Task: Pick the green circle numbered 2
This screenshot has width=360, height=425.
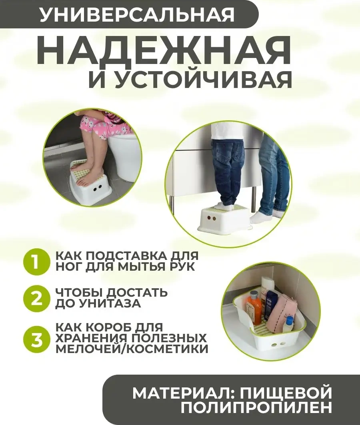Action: tap(35, 298)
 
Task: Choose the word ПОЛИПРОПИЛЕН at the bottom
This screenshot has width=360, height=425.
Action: tap(256, 408)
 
